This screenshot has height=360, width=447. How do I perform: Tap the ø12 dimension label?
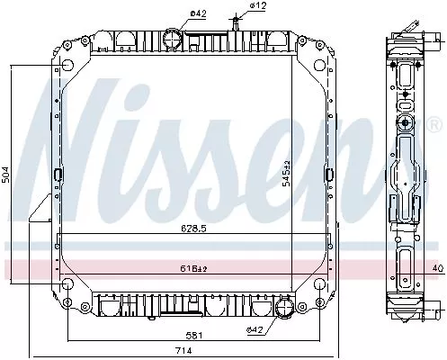(259, 7)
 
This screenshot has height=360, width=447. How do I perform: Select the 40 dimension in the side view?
(437, 267)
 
